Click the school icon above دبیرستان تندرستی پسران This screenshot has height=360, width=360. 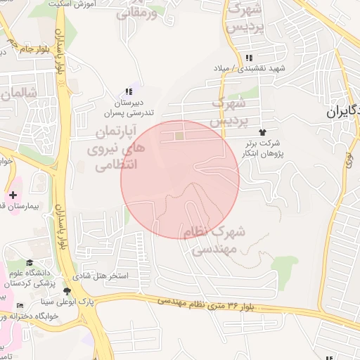[128, 92]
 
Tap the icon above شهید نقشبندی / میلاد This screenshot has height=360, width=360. [247, 58]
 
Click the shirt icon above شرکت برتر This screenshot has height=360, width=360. [262, 131]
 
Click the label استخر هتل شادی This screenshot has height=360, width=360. [103, 276]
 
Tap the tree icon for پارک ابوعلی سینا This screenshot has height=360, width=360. [67, 291]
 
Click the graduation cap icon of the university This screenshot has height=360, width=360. [29, 262]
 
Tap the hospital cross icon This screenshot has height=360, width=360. [13, 194]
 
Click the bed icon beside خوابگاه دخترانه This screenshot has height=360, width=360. [19, 304]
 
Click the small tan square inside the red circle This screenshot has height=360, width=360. [179, 136]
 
